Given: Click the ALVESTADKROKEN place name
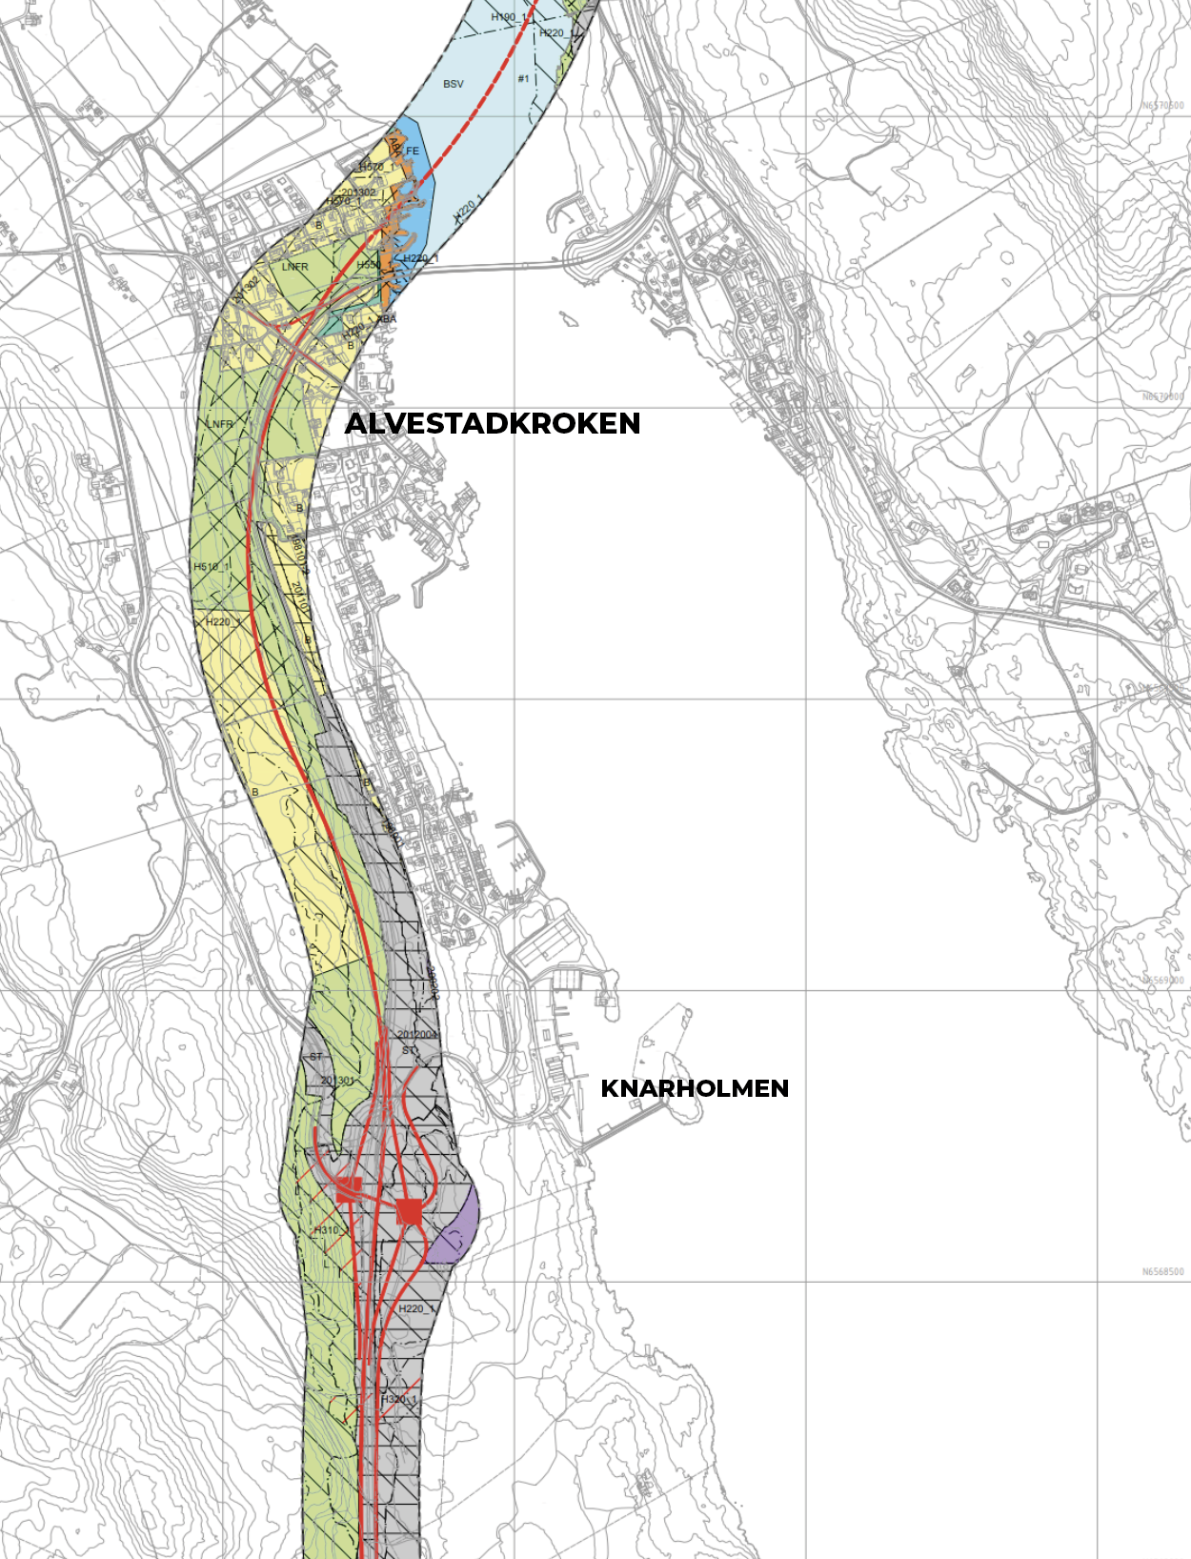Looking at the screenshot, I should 492,423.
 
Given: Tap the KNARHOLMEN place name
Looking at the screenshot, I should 695,1088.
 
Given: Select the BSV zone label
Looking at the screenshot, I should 454,84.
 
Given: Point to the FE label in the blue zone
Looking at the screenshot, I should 413,151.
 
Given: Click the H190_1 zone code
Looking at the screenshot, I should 509,17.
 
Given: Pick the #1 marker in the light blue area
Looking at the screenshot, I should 523,78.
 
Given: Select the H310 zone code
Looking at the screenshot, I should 327,1230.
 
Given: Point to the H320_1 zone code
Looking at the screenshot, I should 399,1400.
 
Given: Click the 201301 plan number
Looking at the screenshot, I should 337,1081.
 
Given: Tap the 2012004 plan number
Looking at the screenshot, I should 417,1035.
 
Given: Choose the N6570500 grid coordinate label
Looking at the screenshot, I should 1162,106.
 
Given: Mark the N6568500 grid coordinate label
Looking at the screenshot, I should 1162,1271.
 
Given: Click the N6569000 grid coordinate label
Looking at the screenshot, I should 1162,981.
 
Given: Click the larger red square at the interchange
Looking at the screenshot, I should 410,1211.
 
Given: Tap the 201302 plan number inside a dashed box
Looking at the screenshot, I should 358,192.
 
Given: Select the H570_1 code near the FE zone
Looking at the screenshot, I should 376,168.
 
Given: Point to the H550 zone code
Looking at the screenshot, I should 368,265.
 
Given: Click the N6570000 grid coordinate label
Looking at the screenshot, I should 1162,396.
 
